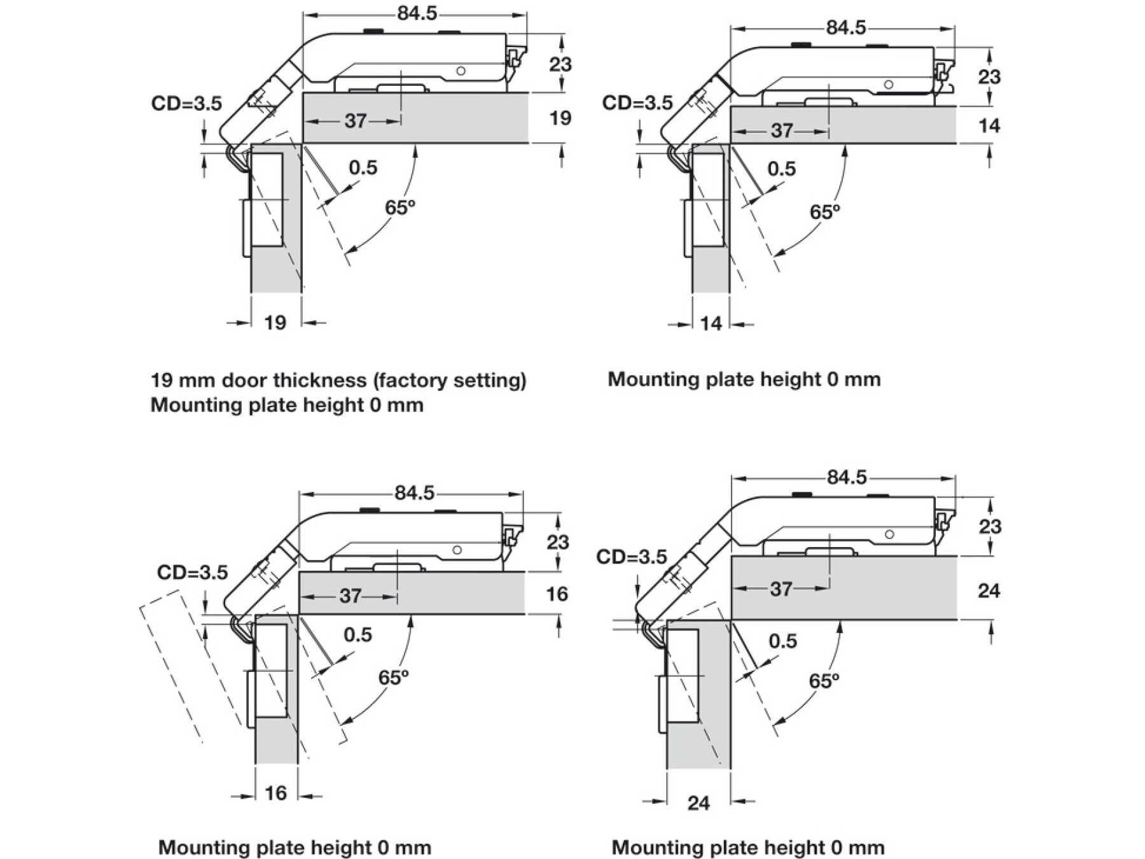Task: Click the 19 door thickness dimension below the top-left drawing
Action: (275, 323)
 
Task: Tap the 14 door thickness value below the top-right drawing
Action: (711, 324)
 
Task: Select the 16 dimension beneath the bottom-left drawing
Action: (275, 793)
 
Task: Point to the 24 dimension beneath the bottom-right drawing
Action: (698, 803)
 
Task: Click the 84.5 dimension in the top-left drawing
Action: (417, 13)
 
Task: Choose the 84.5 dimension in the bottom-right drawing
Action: (846, 477)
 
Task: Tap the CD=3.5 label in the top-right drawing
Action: (637, 103)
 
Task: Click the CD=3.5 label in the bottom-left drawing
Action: (192, 573)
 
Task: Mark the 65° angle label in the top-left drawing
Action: (400, 207)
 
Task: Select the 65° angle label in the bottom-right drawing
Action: (824, 681)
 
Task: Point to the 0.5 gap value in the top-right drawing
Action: (781, 169)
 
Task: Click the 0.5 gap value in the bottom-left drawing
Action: (357, 634)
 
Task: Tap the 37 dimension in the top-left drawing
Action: (356, 120)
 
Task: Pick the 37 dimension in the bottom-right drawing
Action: (781, 589)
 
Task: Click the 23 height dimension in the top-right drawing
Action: (989, 77)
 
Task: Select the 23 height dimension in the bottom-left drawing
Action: (558, 542)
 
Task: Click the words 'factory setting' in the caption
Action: (450, 381)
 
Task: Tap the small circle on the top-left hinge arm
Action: (461, 71)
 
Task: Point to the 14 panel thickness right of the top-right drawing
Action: (989, 126)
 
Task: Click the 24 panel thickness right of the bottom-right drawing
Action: (989, 591)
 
